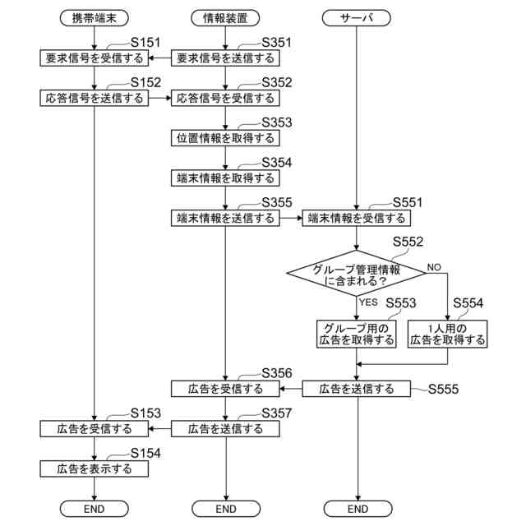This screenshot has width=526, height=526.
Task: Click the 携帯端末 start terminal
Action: click(x=95, y=17)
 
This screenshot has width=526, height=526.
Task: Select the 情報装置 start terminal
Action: click(x=225, y=17)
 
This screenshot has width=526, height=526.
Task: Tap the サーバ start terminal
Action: click(x=357, y=17)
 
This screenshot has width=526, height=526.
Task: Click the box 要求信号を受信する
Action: click(x=95, y=58)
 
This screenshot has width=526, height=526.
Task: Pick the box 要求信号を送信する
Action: click(x=225, y=58)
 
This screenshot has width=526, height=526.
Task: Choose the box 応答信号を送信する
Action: click(x=95, y=98)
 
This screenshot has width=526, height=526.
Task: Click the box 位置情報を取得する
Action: click(x=225, y=137)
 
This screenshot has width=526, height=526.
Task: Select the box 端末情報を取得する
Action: click(x=225, y=178)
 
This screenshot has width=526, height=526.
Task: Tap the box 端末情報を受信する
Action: click(x=357, y=218)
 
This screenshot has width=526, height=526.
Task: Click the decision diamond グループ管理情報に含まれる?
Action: click(x=357, y=274)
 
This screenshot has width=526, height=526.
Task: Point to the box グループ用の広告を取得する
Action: click(x=357, y=333)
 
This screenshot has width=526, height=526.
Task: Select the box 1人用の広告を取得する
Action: click(x=448, y=333)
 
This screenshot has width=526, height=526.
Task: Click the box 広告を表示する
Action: click(x=95, y=468)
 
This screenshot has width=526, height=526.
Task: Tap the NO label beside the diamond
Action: click(x=434, y=267)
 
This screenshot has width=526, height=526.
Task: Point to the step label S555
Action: click(x=443, y=388)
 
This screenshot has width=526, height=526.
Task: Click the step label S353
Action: click(x=276, y=122)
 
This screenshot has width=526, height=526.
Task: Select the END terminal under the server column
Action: click(x=357, y=509)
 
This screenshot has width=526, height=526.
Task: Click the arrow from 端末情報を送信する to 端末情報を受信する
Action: click(x=290, y=218)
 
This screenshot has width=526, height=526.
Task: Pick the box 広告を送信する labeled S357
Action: click(x=225, y=428)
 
